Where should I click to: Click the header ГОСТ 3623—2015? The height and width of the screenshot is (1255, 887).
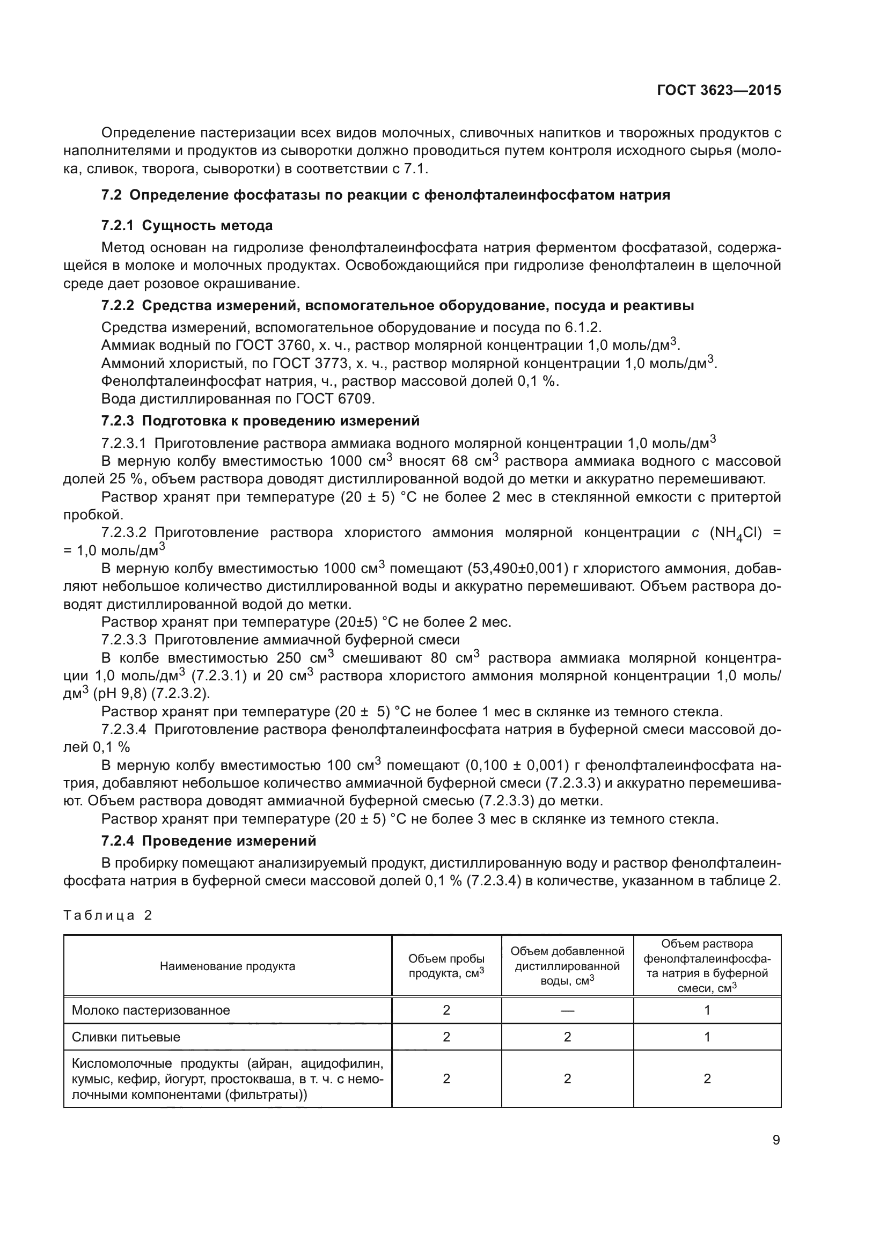point(719,91)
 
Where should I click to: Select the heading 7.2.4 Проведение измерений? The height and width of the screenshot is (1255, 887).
point(208,841)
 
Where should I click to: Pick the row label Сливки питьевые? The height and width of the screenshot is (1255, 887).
point(126,1038)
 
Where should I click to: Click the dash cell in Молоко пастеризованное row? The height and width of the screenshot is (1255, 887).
point(567,1010)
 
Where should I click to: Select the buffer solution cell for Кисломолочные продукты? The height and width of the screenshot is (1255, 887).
point(707,1078)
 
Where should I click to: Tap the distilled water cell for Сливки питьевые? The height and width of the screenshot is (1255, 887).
point(567,1038)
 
